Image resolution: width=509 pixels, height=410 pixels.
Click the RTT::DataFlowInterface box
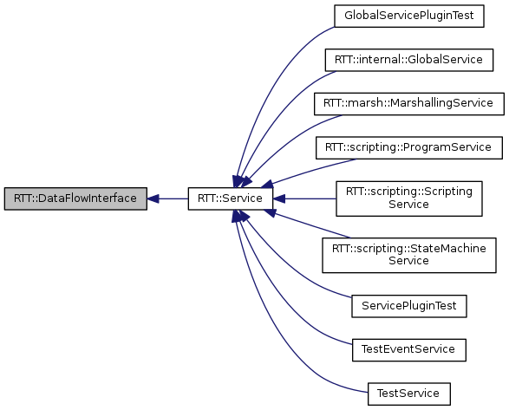click(x=75, y=198)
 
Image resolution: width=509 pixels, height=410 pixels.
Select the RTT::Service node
click(x=231, y=198)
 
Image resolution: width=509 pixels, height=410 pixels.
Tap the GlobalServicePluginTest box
click(x=408, y=16)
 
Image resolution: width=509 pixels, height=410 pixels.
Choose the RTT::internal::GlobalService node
click(x=408, y=60)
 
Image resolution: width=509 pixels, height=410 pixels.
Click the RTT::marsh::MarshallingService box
click(x=408, y=103)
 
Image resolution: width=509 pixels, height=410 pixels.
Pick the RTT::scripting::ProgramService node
click(x=408, y=147)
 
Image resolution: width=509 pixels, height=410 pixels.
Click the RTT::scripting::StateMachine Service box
click(x=408, y=254)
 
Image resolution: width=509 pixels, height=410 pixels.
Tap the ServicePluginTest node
click(x=408, y=305)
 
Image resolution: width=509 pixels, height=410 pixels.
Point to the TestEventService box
click(x=408, y=349)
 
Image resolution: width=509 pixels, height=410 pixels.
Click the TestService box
click(x=408, y=394)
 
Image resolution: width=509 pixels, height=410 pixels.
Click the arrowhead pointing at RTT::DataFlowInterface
click(x=153, y=198)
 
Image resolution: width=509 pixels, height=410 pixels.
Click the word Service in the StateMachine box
click(x=408, y=260)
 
